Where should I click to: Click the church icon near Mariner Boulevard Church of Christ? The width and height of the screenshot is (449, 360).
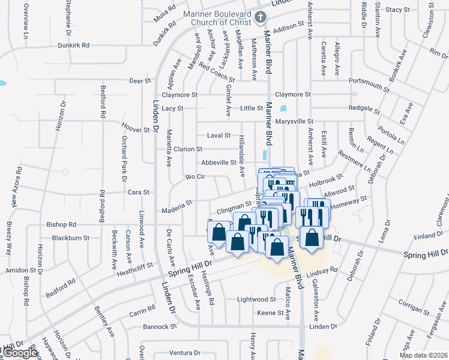(x=261, y=17)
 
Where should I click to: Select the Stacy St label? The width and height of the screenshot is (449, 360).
(x=397, y=10)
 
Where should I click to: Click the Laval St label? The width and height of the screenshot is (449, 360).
(x=218, y=136)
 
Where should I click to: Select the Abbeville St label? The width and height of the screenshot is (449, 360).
(x=218, y=163)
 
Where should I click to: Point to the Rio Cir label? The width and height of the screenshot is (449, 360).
(x=196, y=177)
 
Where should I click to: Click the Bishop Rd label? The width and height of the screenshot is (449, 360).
(x=61, y=225)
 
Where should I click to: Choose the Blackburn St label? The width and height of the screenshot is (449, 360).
(x=71, y=238)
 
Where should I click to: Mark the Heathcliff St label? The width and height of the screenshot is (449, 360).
(x=136, y=265)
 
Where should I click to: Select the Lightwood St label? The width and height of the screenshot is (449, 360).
(x=256, y=299)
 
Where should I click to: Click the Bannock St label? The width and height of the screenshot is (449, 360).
(x=160, y=327)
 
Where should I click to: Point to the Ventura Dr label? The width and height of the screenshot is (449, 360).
(x=184, y=352)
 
